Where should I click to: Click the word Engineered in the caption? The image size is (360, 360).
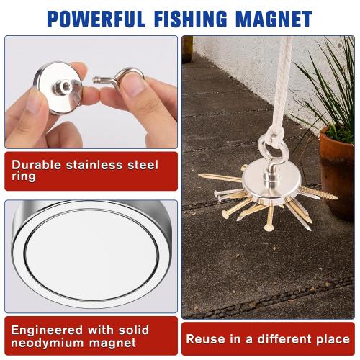coord(48,330)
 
